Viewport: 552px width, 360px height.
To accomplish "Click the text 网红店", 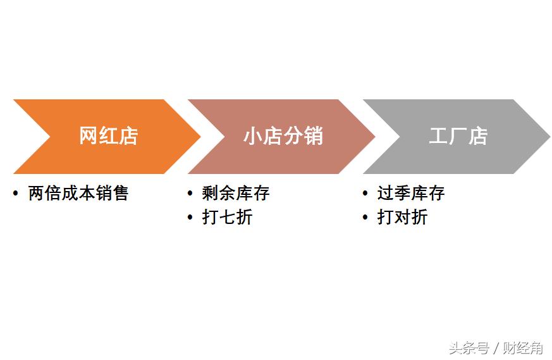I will pos(108,136).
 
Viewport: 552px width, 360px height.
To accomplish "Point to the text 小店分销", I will pos(283,136).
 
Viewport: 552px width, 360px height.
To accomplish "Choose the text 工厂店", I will pos(458,136).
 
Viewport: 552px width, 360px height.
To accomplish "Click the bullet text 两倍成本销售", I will pos(78,193).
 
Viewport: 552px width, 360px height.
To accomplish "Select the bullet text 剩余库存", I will pos(236,193).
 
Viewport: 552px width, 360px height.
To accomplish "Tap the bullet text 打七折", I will pos(227,217).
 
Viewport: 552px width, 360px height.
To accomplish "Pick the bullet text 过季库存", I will pos(411,193).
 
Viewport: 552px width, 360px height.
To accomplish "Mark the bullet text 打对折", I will pos(402,217).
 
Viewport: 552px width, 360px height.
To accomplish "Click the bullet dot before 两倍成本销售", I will pos(15,193).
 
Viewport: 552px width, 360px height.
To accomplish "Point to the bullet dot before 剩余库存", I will pos(190,193).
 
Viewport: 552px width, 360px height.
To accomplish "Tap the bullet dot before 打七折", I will pos(190,217).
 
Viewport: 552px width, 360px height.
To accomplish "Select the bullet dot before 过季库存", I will pos(365,193).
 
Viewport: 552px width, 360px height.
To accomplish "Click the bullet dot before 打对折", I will pos(365,217).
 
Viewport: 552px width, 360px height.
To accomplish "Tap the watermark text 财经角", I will pos(523,347).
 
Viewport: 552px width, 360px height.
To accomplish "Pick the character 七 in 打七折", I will pos(227,217).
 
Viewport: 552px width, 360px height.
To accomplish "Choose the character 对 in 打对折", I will pos(402,217).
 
